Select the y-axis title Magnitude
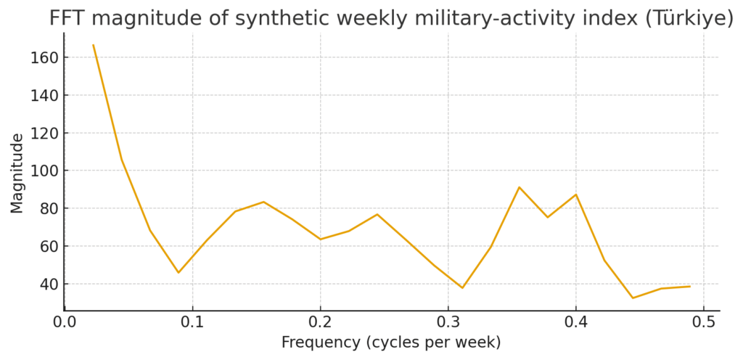tap(17, 173)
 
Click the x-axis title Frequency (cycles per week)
tap(391, 342)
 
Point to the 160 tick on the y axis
tap(45, 57)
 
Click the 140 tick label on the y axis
tap(45, 95)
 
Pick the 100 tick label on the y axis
tap(45, 171)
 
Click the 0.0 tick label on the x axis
tap(65, 322)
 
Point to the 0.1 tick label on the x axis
tap(192, 322)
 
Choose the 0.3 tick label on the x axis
tap(448, 322)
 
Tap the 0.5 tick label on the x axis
tap(703, 322)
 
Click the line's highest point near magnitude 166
tap(93, 45)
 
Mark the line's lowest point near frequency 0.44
tap(633, 298)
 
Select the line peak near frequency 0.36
tap(519, 187)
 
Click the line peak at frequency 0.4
tap(575, 195)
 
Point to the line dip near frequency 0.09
tap(178, 273)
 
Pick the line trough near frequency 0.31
tap(462, 288)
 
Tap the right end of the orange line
tap(689, 286)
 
